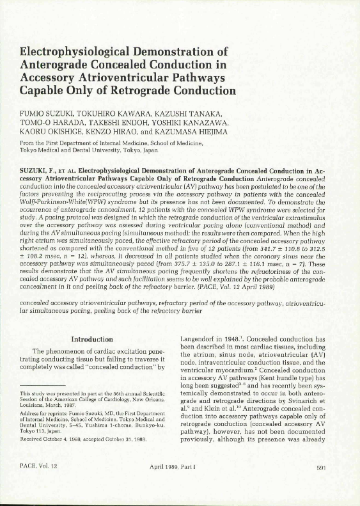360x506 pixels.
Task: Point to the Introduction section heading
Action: (x=92, y=339)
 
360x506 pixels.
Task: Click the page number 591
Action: (x=322, y=486)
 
